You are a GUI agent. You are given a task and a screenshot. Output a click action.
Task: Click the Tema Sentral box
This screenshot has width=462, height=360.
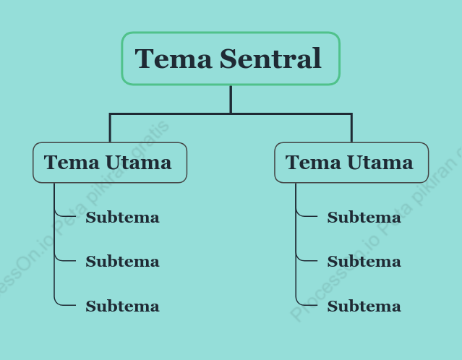tap(231, 59)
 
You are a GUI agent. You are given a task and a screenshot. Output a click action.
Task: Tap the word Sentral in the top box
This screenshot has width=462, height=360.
tap(270, 59)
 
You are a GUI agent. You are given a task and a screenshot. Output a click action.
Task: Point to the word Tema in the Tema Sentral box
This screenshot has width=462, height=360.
tap(174, 59)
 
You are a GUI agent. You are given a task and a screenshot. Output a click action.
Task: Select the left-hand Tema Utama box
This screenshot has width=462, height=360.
tap(110, 163)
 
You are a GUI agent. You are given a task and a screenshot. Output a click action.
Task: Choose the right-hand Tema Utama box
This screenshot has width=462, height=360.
tap(351, 163)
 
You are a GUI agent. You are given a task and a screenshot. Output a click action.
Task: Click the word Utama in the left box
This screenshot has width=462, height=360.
tap(139, 163)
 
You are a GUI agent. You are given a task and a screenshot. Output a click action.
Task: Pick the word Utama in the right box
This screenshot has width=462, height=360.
tap(380, 163)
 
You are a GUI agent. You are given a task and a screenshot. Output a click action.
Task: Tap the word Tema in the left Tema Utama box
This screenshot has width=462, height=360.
tap(72, 163)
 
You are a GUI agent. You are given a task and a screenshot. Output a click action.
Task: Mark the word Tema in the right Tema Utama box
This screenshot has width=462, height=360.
tap(313, 163)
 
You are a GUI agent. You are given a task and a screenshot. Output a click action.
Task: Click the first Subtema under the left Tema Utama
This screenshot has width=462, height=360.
tap(123, 218)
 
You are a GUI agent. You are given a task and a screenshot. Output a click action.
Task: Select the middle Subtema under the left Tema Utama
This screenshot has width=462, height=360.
tap(123, 262)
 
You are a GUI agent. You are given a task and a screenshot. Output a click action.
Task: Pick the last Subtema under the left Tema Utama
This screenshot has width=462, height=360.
tap(123, 306)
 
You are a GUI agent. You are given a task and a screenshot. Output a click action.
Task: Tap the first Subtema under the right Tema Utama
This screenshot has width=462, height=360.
tap(364, 218)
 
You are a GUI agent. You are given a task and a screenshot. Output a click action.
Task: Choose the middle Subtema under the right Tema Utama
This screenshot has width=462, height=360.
tap(364, 262)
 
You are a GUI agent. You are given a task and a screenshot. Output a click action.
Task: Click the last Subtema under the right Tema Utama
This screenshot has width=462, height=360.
tap(364, 306)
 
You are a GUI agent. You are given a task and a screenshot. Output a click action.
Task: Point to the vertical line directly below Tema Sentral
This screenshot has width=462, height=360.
tap(231, 99)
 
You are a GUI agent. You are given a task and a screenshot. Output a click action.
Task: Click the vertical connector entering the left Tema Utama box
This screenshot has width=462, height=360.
tap(110, 128)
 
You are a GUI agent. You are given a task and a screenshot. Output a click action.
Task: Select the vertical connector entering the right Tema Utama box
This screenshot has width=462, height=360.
tap(351, 128)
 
